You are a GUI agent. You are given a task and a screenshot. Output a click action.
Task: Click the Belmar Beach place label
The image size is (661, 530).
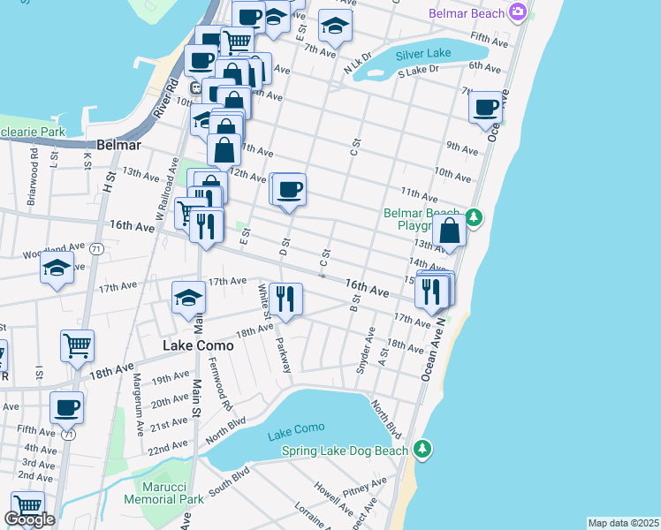coord(466,13)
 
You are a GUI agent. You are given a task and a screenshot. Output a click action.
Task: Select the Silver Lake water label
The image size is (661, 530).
coord(422,55)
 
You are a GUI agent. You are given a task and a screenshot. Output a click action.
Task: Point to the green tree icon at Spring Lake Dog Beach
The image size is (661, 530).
coord(423,450)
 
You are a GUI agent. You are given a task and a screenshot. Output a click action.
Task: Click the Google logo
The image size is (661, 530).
coord(30,519)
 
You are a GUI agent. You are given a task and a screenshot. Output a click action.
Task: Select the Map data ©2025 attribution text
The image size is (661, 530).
coord(623,523)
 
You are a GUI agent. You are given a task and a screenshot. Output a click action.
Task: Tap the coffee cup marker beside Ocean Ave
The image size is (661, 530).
coord(485,108)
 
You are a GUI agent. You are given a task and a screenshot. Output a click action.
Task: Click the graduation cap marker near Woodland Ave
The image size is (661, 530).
coord(57,268)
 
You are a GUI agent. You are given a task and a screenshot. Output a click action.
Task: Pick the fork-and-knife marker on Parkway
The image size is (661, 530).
coord(285,299)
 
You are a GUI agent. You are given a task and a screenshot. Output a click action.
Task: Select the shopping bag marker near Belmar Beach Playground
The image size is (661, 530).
coord(450,231)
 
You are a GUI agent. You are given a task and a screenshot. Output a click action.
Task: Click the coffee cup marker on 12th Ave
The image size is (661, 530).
coord(288,188)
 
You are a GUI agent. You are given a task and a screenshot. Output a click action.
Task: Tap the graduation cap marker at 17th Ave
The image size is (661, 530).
coord(188,299)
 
